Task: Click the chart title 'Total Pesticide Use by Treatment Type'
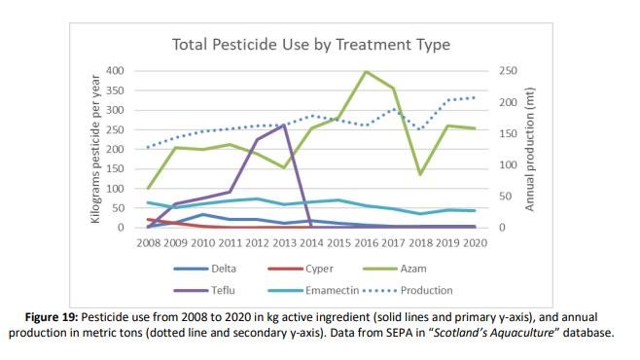click(x=311, y=45)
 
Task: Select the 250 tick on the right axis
click(x=509, y=71)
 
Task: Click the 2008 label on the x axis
click(x=149, y=241)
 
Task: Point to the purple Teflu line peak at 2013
click(x=284, y=125)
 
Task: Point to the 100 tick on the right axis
click(x=509, y=165)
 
